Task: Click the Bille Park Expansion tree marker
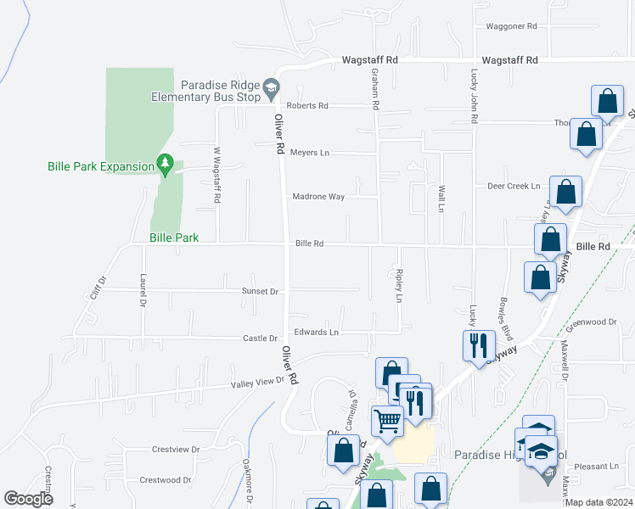coord(166,163)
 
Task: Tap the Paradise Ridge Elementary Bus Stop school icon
coord(271,87)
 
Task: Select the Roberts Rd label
coord(306,106)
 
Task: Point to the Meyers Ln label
coord(309,153)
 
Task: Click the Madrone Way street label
coord(318,197)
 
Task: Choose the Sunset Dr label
coord(260,291)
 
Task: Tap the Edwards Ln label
coord(316,332)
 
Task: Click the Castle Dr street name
coord(261,338)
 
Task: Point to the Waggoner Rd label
coord(512,26)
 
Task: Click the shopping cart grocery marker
coord(387,419)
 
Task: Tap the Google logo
coord(28,499)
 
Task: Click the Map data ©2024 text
coord(597,502)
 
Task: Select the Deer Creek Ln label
coord(514,186)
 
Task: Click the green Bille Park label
coord(174,238)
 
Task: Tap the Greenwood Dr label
coord(591,322)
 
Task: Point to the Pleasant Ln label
coord(596,467)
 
